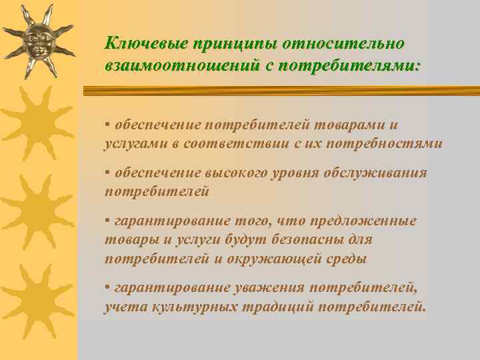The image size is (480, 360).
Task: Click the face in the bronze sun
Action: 37,41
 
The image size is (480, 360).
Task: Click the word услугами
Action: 133,143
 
